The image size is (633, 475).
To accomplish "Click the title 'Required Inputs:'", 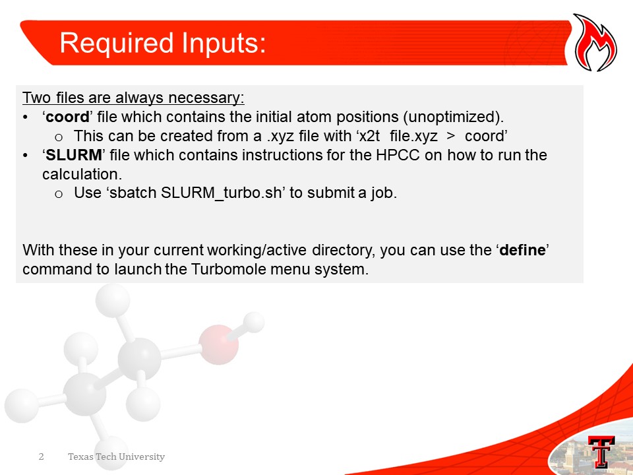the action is tap(163, 44).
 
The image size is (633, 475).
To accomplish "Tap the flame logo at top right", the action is tap(595, 43).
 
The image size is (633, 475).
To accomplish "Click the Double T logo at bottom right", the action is tap(601, 451).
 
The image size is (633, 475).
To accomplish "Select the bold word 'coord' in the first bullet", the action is tap(67, 117).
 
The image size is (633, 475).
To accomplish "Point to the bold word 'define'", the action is tap(522, 250).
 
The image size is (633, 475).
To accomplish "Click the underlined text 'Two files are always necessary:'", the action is tap(133, 98).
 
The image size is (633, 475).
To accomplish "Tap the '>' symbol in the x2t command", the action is tap(451, 137).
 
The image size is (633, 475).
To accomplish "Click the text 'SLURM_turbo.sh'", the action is tap(221, 193).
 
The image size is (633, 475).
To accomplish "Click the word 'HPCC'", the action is tap(398, 155).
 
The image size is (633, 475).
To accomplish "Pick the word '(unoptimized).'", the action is tap(453, 117).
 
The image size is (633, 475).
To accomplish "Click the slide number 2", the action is tap(41, 457).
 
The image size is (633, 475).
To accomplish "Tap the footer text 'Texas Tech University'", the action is tap(116, 457).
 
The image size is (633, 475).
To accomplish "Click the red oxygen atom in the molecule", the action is tap(218, 344).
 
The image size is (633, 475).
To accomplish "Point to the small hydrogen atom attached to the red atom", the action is tap(253, 323).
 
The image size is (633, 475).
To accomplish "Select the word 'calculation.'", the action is tap(82, 174).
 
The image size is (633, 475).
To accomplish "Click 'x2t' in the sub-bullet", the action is tap(369, 137).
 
